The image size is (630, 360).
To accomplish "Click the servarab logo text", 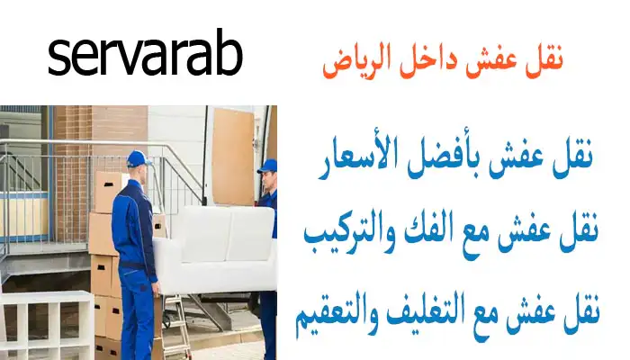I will [x=145, y=56].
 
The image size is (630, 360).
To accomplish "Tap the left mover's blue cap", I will [x=137, y=159].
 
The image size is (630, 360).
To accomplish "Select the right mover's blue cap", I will [x=266, y=166].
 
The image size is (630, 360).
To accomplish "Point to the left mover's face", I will [x=141, y=173].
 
